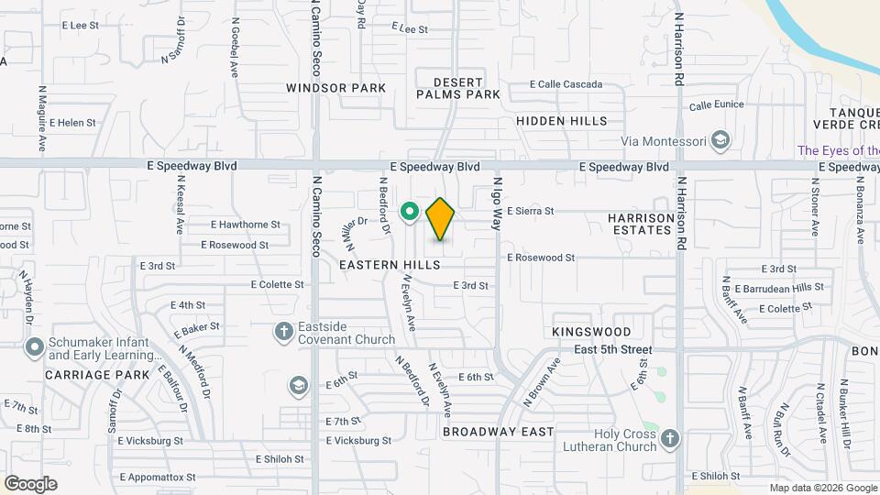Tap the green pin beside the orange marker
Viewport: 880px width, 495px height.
click(x=410, y=213)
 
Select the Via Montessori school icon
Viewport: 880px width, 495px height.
click(x=720, y=140)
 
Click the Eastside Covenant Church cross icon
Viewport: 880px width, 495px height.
click(x=285, y=330)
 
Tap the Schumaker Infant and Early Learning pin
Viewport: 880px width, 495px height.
click(x=35, y=347)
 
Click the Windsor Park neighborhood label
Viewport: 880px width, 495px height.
click(x=335, y=88)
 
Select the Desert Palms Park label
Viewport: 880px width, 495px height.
click(x=458, y=88)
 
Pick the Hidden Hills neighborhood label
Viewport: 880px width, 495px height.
click(x=561, y=121)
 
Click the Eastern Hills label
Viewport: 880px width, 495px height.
click(x=390, y=264)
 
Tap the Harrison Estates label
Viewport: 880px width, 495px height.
click(x=640, y=224)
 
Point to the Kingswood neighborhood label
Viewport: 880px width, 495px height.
click(x=592, y=331)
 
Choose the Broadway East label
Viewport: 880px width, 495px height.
click(x=498, y=431)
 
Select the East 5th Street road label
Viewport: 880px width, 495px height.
click(x=613, y=349)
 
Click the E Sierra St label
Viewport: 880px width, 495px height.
click(x=530, y=211)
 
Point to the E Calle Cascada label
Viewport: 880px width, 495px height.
click(x=566, y=84)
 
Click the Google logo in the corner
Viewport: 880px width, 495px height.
click(x=30, y=484)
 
